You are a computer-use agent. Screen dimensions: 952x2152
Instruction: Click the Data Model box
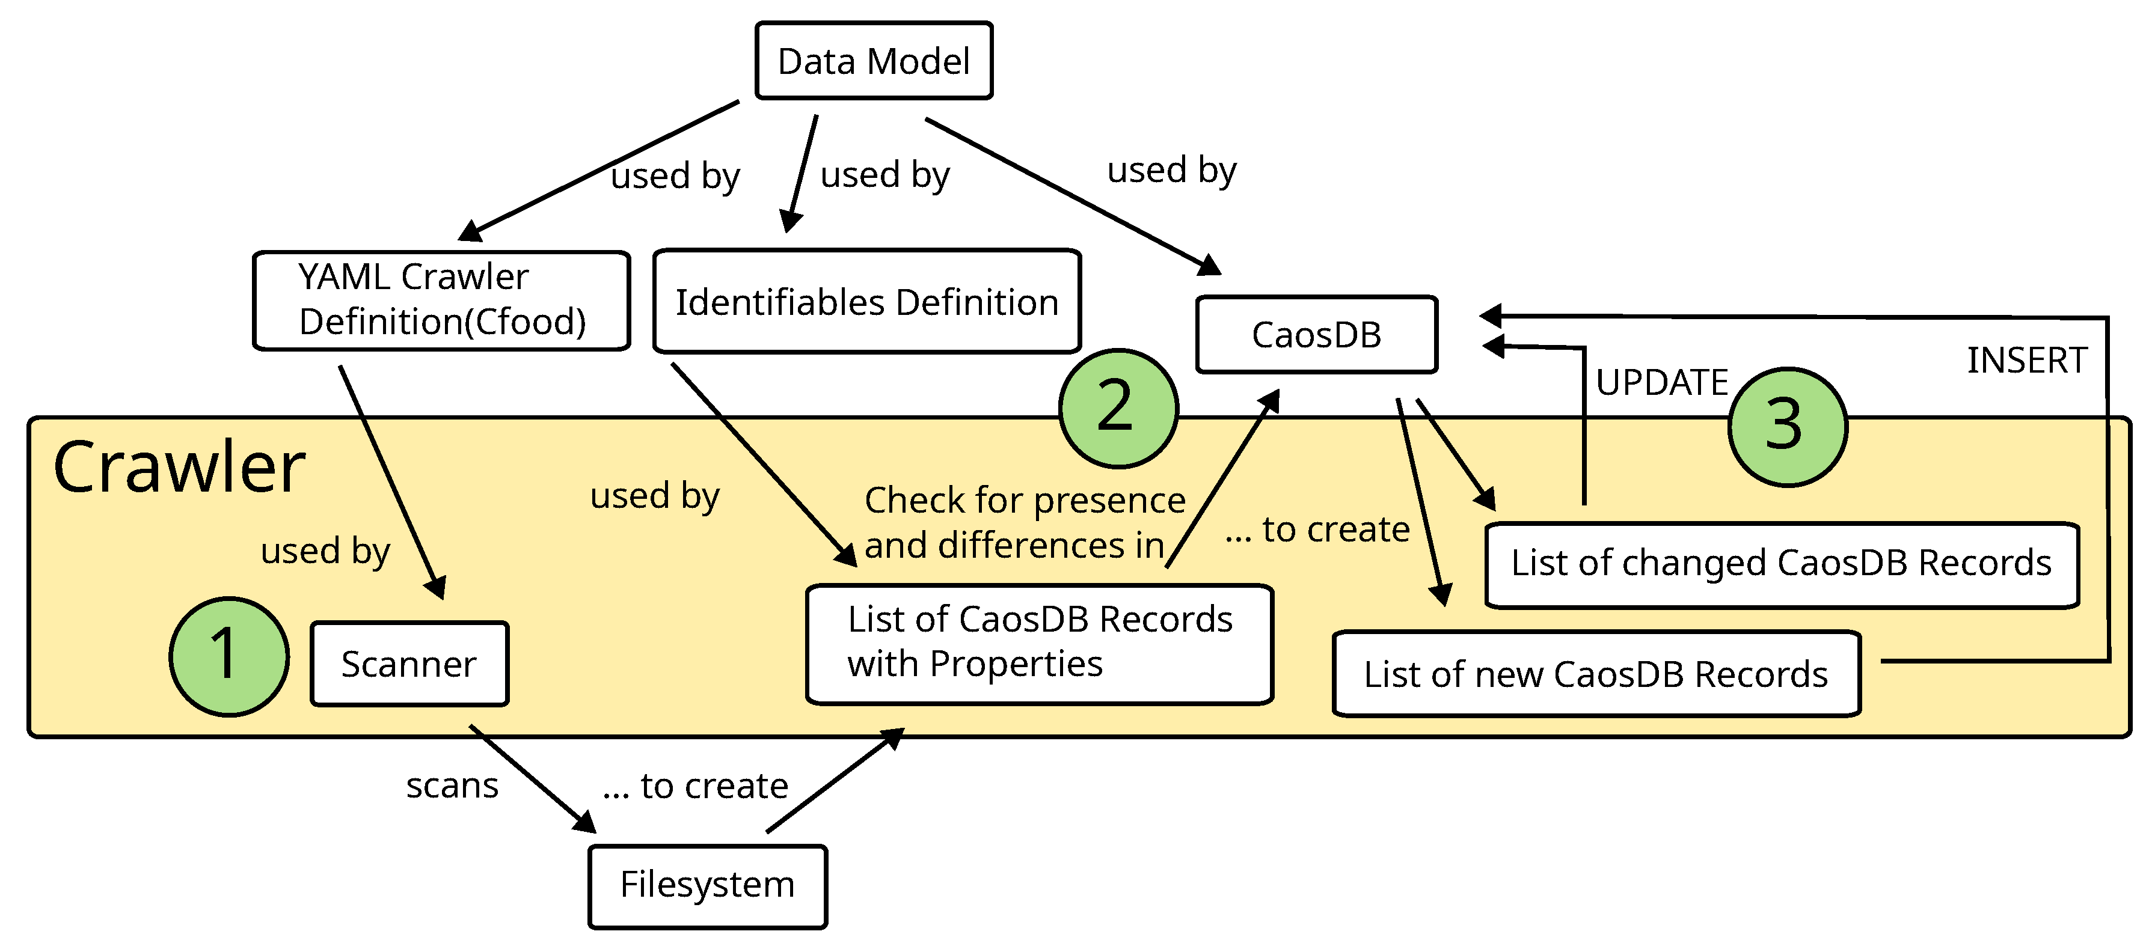point(873,61)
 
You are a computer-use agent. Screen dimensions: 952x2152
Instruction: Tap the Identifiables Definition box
point(866,302)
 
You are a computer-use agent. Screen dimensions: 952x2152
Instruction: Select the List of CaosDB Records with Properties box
point(1038,643)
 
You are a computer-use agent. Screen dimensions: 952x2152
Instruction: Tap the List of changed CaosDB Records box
point(1780,564)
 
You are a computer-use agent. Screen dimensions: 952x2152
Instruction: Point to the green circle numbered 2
point(1118,408)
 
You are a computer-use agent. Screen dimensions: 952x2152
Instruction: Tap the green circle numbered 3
point(1786,427)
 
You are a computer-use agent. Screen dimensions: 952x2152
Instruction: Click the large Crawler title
point(179,468)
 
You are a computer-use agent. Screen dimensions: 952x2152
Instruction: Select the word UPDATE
point(1661,382)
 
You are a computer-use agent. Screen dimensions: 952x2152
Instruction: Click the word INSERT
point(2026,361)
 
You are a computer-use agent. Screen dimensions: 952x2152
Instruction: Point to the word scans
point(452,786)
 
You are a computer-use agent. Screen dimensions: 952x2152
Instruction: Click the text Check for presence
point(1024,500)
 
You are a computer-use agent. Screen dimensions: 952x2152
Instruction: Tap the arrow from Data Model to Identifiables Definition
point(800,174)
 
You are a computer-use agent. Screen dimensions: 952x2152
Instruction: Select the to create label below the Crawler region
point(695,786)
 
